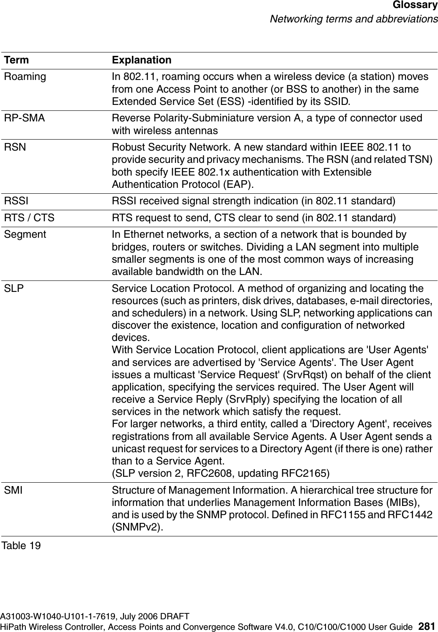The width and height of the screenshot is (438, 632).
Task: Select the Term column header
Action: (16, 60)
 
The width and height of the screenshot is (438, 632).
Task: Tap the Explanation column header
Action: (142, 60)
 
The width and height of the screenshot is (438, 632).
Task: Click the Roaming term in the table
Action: (25, 77)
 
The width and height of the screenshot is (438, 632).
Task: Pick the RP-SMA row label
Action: (24, 118)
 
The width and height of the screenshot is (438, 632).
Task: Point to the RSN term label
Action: (15, 147)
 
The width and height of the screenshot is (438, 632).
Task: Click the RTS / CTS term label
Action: (29, 218)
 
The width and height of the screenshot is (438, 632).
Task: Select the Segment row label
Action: (25, 234)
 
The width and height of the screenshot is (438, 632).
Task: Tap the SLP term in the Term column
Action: (14, 289)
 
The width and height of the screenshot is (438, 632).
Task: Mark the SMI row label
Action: (14, 490)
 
